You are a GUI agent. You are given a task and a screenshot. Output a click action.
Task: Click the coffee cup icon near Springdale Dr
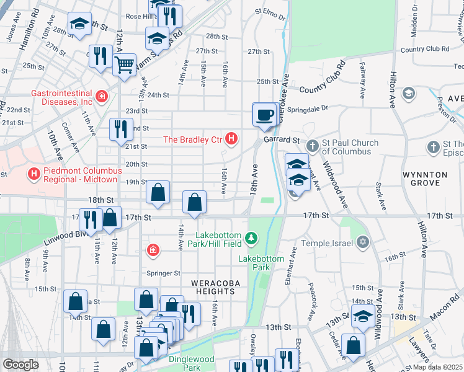(x=265, y=115)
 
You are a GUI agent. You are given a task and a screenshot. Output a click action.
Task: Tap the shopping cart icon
(x=125, y=64)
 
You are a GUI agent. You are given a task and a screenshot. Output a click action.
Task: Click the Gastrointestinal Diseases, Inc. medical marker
(x=100, y=97)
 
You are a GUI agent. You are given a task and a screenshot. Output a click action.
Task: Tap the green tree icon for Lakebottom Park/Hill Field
(x=251, y=237)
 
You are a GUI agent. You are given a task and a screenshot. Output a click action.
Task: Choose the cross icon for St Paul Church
(x=313, y=147)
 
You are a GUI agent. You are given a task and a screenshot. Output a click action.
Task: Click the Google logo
(x=20, y=365)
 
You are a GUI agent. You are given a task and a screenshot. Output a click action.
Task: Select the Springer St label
(x=163, y=273)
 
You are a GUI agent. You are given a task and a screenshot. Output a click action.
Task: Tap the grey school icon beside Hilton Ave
(x=408, y=94)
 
